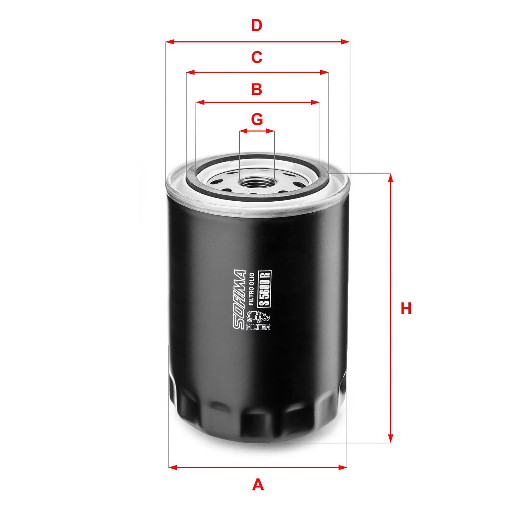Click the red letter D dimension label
point(257,26)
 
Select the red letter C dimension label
point(257,57)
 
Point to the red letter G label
point(257,119)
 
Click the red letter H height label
point(406,308)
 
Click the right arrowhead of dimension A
point(343,467)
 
